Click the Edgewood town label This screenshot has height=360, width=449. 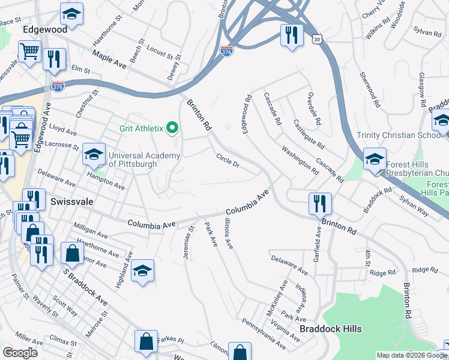(44, 29)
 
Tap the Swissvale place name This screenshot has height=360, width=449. (71, 202)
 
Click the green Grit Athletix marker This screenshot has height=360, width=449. (173, 127)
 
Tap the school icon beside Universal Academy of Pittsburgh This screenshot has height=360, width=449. (94, 155)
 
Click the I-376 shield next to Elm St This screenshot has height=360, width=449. (58, 87)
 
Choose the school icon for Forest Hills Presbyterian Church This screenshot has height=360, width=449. (375, 160)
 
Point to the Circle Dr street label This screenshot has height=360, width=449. (228, 160)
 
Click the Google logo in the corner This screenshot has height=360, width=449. (19, 353)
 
